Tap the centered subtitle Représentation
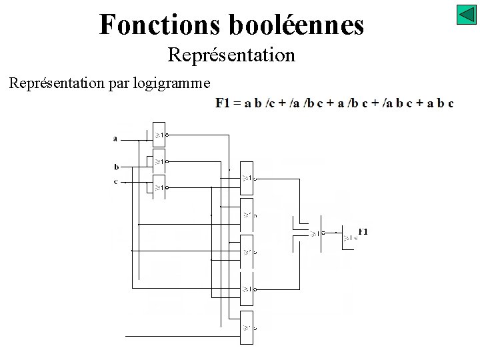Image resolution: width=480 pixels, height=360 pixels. [231, 55]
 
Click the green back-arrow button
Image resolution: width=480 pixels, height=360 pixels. [466, 15]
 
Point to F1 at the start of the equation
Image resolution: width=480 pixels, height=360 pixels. [222, 103]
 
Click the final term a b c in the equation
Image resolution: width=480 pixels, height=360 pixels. [441, 103]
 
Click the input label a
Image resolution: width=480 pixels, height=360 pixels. [115, 139]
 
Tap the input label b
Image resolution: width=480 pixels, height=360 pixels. [116, 167]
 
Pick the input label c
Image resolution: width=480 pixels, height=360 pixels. [116, 181]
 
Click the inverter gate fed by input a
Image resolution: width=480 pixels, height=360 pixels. [159, 135]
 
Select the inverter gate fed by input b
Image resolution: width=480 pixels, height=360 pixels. [159, 161]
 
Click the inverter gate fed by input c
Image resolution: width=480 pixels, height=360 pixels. [159, 188]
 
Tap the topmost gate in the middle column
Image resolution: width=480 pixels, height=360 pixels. [247, 178]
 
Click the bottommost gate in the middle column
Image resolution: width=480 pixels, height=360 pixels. [247, 327]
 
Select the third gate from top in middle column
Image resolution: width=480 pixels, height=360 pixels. [247, 252]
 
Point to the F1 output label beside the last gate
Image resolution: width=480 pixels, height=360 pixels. [363, 231]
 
